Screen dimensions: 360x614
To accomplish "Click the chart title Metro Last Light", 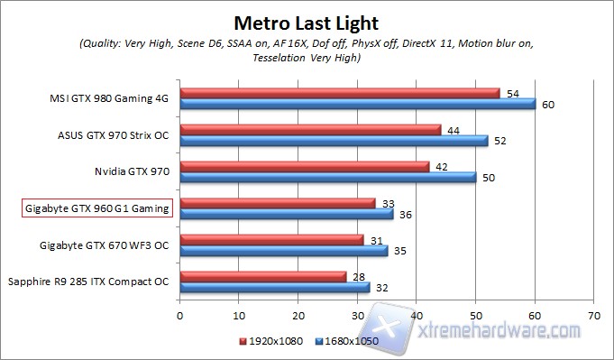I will click(306, 22).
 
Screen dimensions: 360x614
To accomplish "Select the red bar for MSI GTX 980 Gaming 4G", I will click(339, 93).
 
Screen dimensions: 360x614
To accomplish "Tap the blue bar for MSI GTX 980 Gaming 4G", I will click(357, 104).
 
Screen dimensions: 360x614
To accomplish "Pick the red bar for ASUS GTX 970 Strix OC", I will click(310, 130).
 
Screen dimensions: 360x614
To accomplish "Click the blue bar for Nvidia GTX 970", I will click(328, 178).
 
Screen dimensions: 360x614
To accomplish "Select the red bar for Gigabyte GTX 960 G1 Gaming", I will click(278, 203).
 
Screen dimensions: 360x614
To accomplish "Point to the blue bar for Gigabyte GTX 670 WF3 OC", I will click(284, 251).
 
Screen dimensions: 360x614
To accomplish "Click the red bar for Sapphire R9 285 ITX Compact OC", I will click(263, 276).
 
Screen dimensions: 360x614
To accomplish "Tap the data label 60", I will click(547, 105).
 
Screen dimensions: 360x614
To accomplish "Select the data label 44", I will click(454, 129).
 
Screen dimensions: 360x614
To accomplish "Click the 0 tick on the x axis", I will click(180, 316).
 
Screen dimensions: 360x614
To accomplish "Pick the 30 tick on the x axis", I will click(358, 316).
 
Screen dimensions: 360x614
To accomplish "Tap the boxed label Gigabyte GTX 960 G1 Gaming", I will click(96, 208).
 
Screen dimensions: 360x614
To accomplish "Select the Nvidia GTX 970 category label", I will click(132, 171).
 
